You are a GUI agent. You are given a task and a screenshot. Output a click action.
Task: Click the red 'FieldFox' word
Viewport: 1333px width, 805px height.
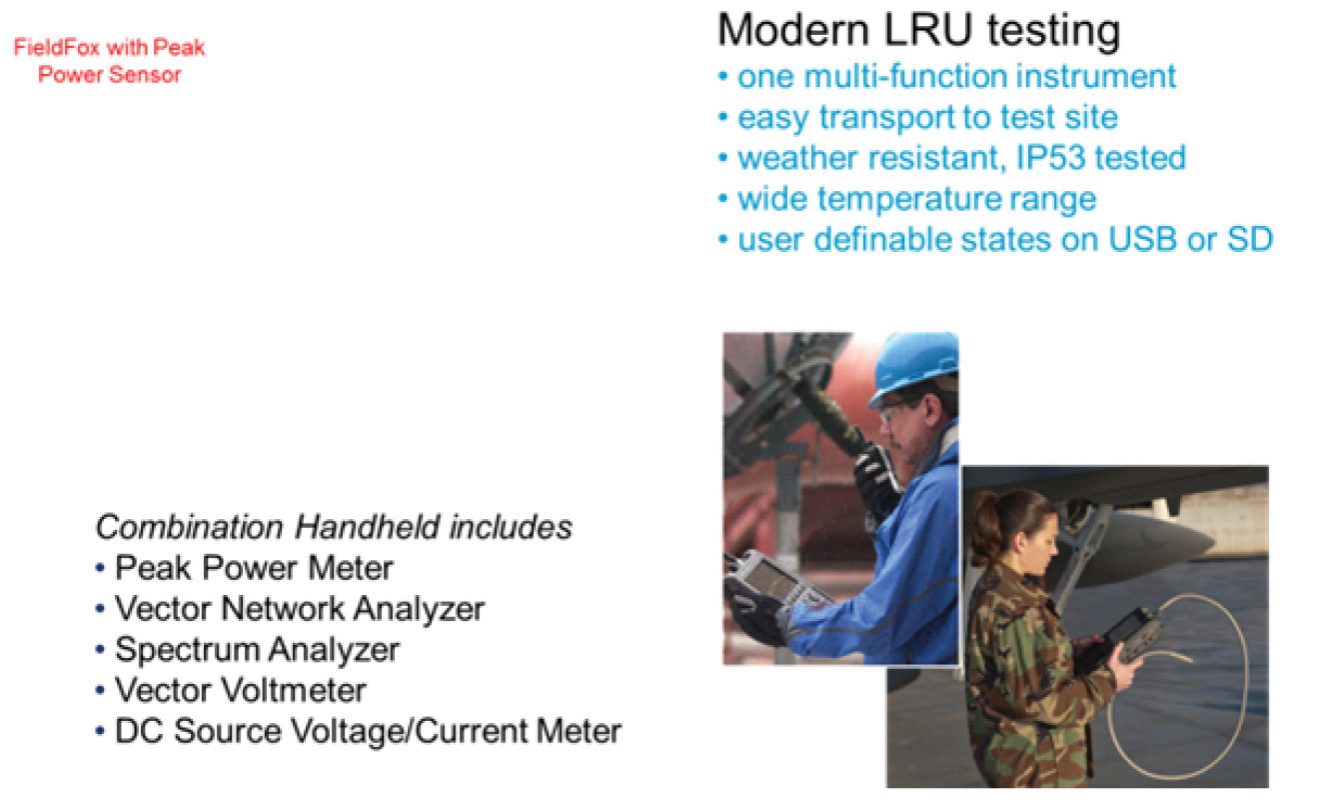(x=57, y=47)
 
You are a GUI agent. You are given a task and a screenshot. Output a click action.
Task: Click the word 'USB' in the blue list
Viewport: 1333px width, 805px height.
(x=1142, y=239)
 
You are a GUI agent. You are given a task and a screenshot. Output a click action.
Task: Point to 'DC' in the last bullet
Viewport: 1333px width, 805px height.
(x=139, y=731)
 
